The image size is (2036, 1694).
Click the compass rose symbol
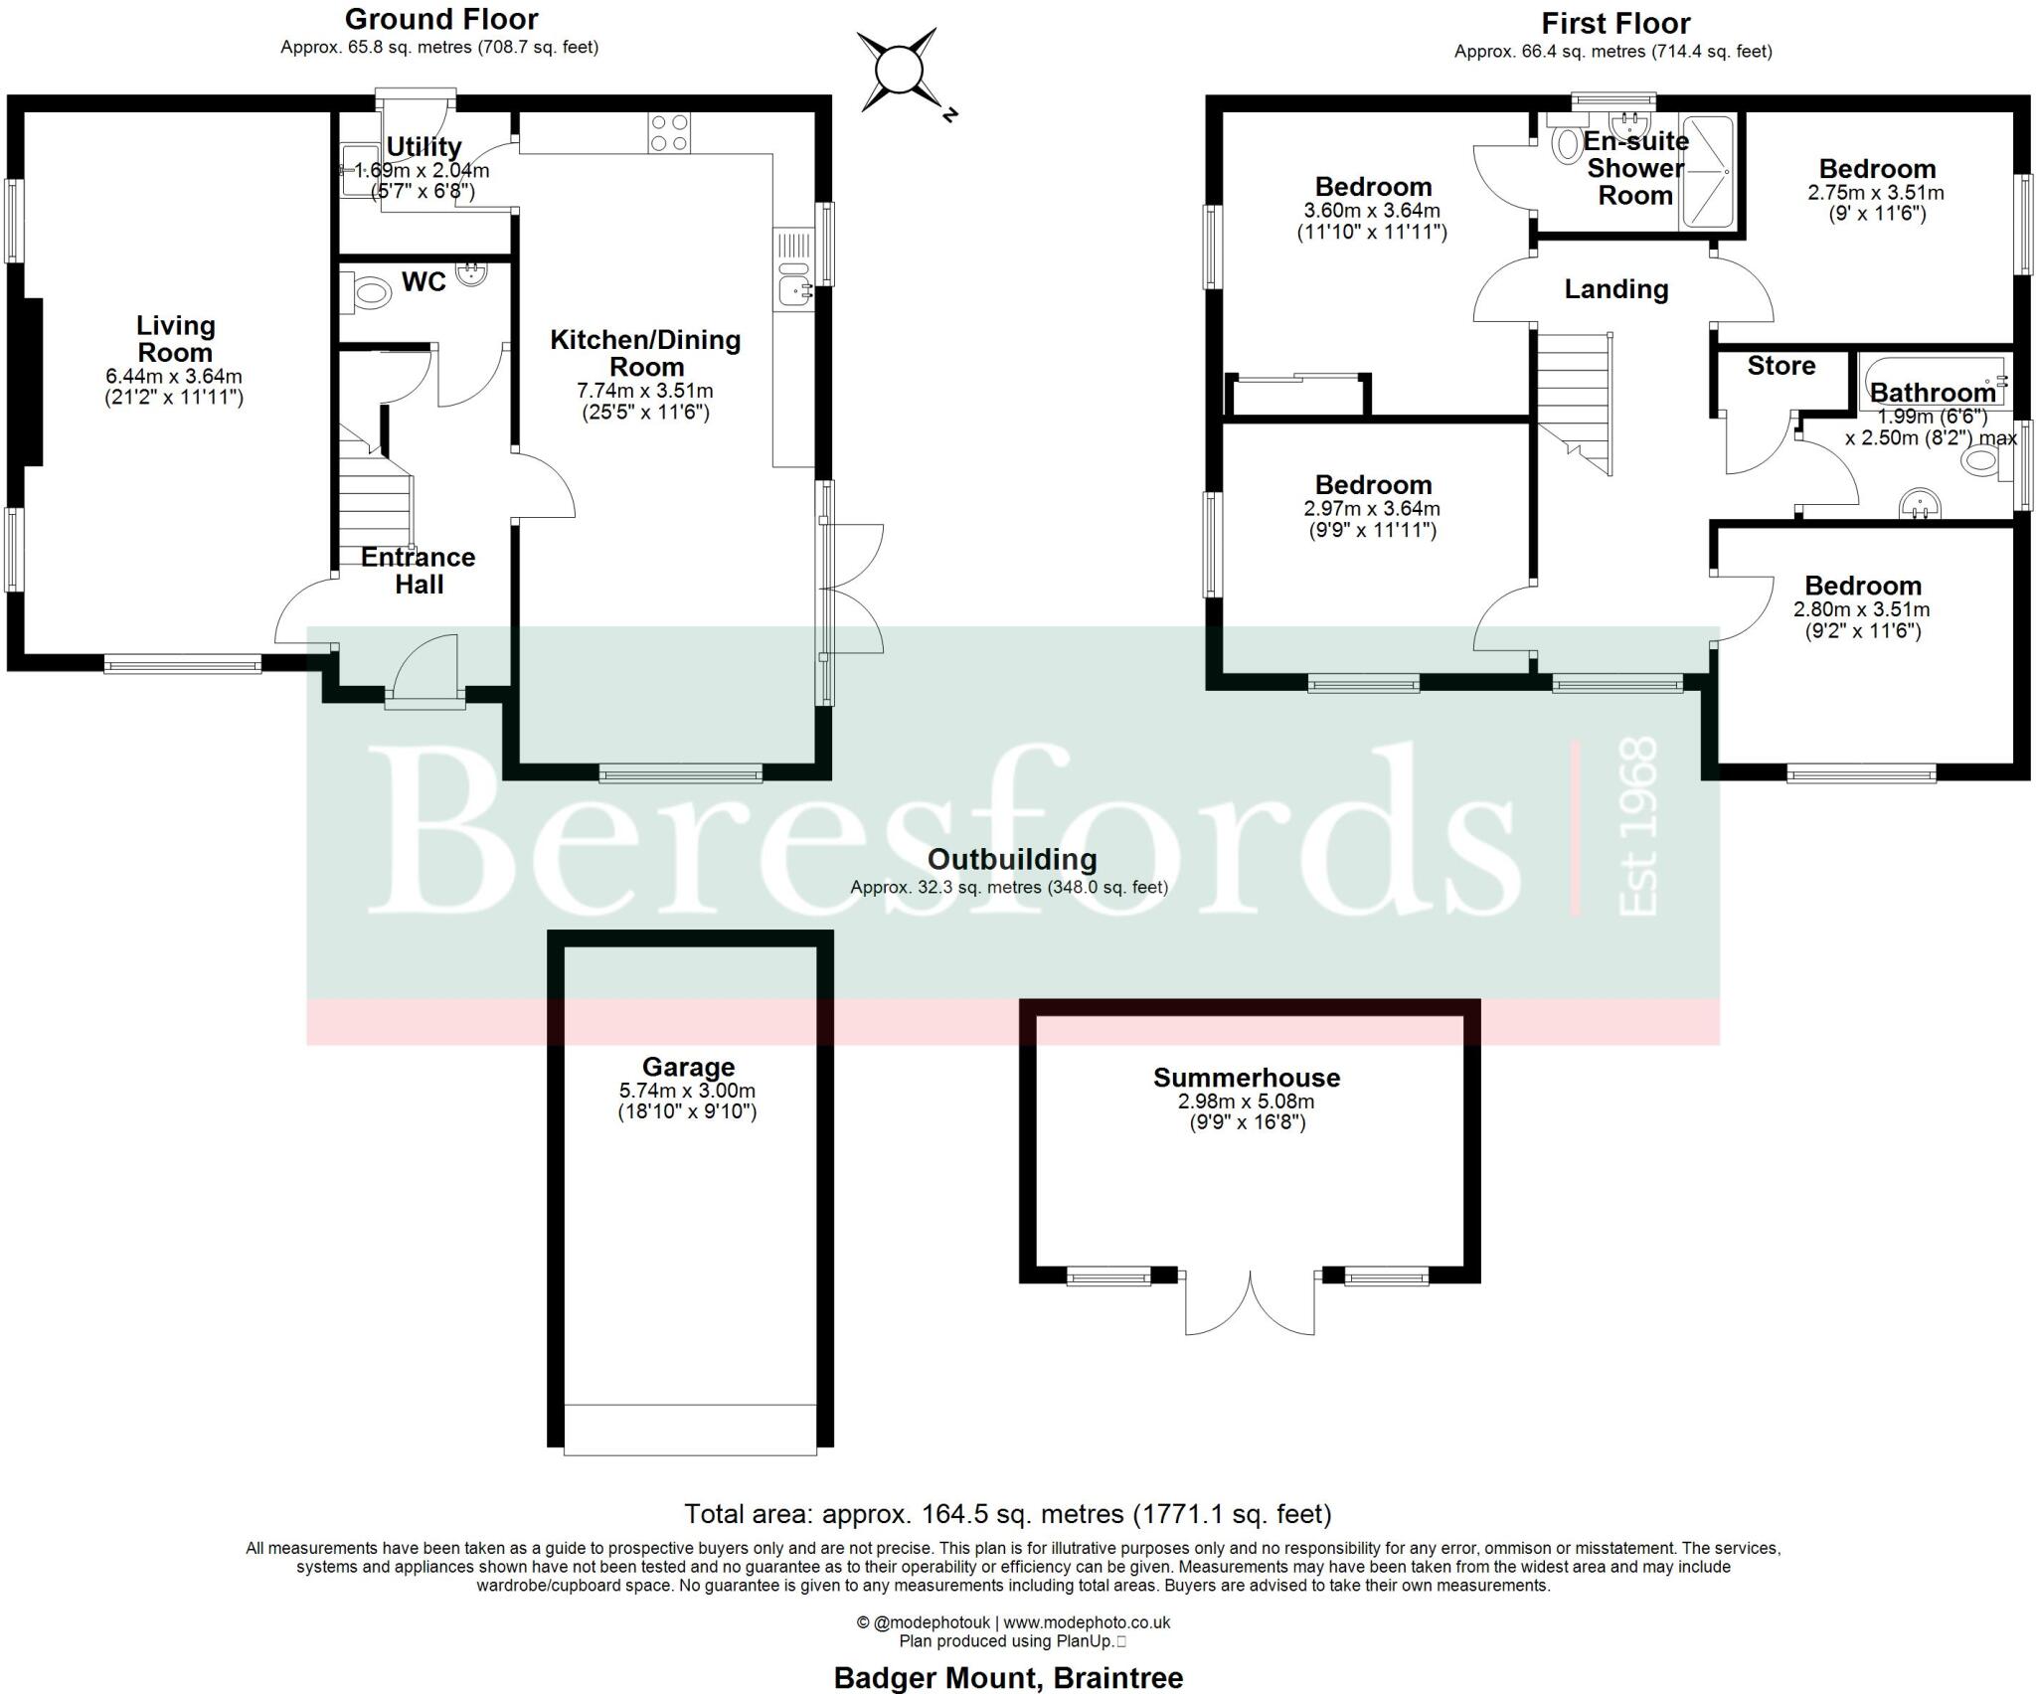pyautogui.click(x=898, y=70)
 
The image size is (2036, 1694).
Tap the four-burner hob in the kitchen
pyautogui.click(x=669, y=133)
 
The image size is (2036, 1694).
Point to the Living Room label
pyautogui.click(x=174, y=339)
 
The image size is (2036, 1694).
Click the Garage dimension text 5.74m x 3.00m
pyautogui.click(x=687, y=1091)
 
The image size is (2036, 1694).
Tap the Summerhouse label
pyautogui.click(x=1246, y=1078)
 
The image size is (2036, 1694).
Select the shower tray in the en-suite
pyautogui.click(x=1707, y=173)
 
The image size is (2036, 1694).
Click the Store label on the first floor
pyautogui.click(x=1781, y=366)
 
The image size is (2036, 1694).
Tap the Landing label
pyautogui.click(x=1615, y=289)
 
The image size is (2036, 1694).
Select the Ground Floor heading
pyautogui.click(x=440, y=19)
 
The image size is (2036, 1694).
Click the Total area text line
pyautogui.click(x=1007, y=1514)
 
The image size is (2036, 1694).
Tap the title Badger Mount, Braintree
pyautogui.click(x=1007, y=1678)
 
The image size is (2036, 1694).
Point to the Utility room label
pyautogui.click(x=424, y=147)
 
